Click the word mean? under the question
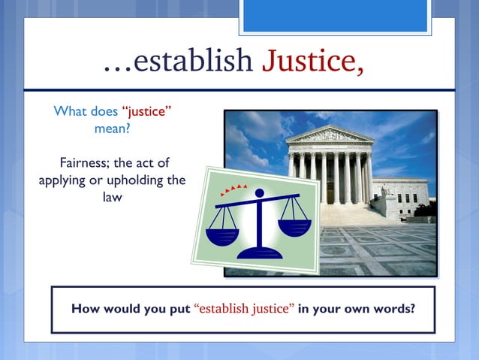pos(113,128)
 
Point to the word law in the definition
pos(113,198)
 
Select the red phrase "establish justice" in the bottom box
pos(244,309)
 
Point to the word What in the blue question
pos(69,112)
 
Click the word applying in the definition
pos(62,181)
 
